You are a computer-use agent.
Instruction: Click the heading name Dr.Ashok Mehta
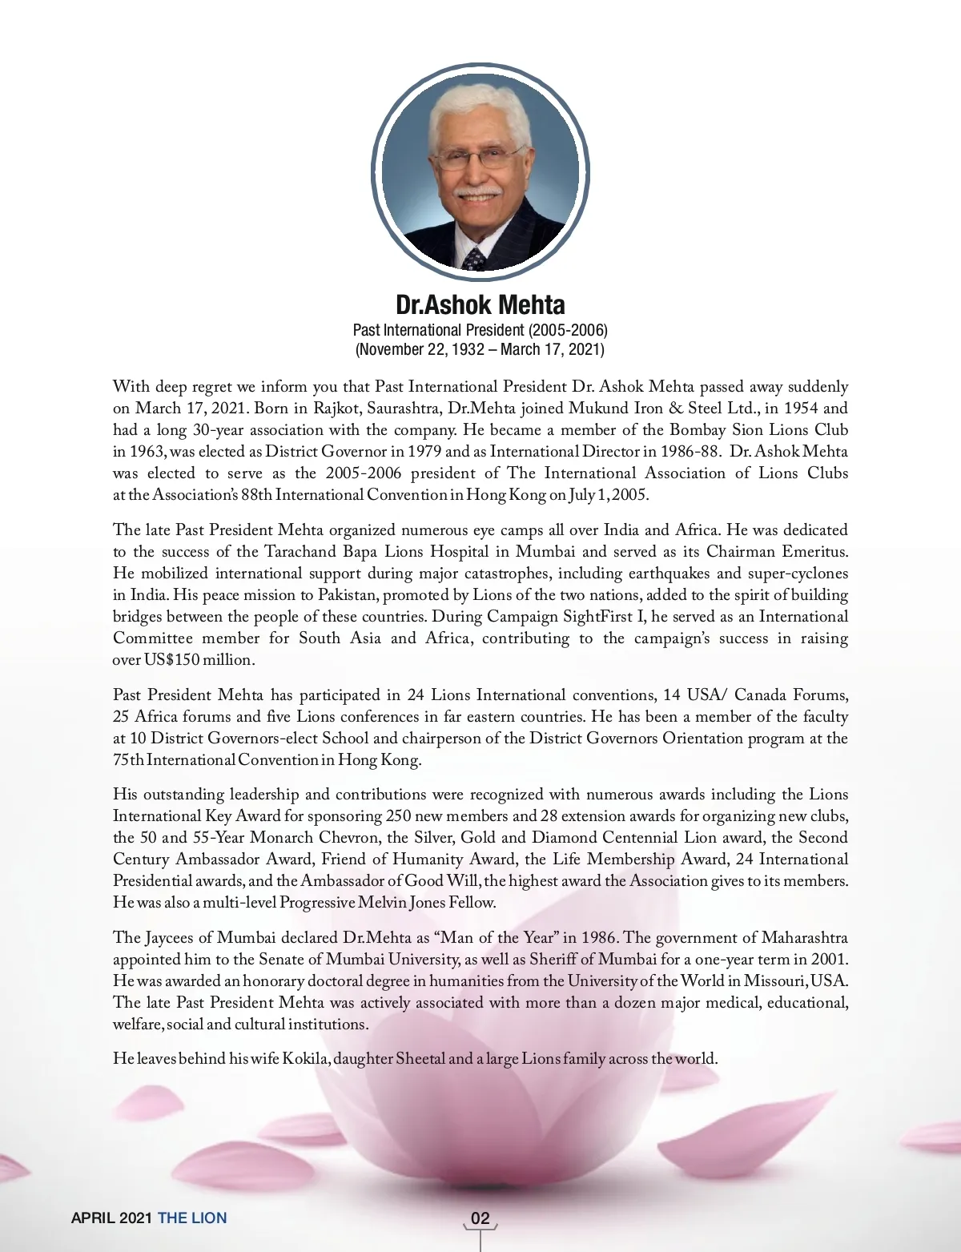click(x=480, y=304)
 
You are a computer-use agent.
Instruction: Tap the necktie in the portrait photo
click(x=474, y=259)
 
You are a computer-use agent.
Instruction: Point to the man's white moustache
click(x=479, y=194)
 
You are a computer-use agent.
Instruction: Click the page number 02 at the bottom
click(x=480, y=1218)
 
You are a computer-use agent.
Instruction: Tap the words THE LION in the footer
click(x=192, y=1218)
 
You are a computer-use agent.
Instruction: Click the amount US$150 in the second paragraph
click(x=167, y=660)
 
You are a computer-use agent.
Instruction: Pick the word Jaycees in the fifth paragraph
click(x=177, y=938)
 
